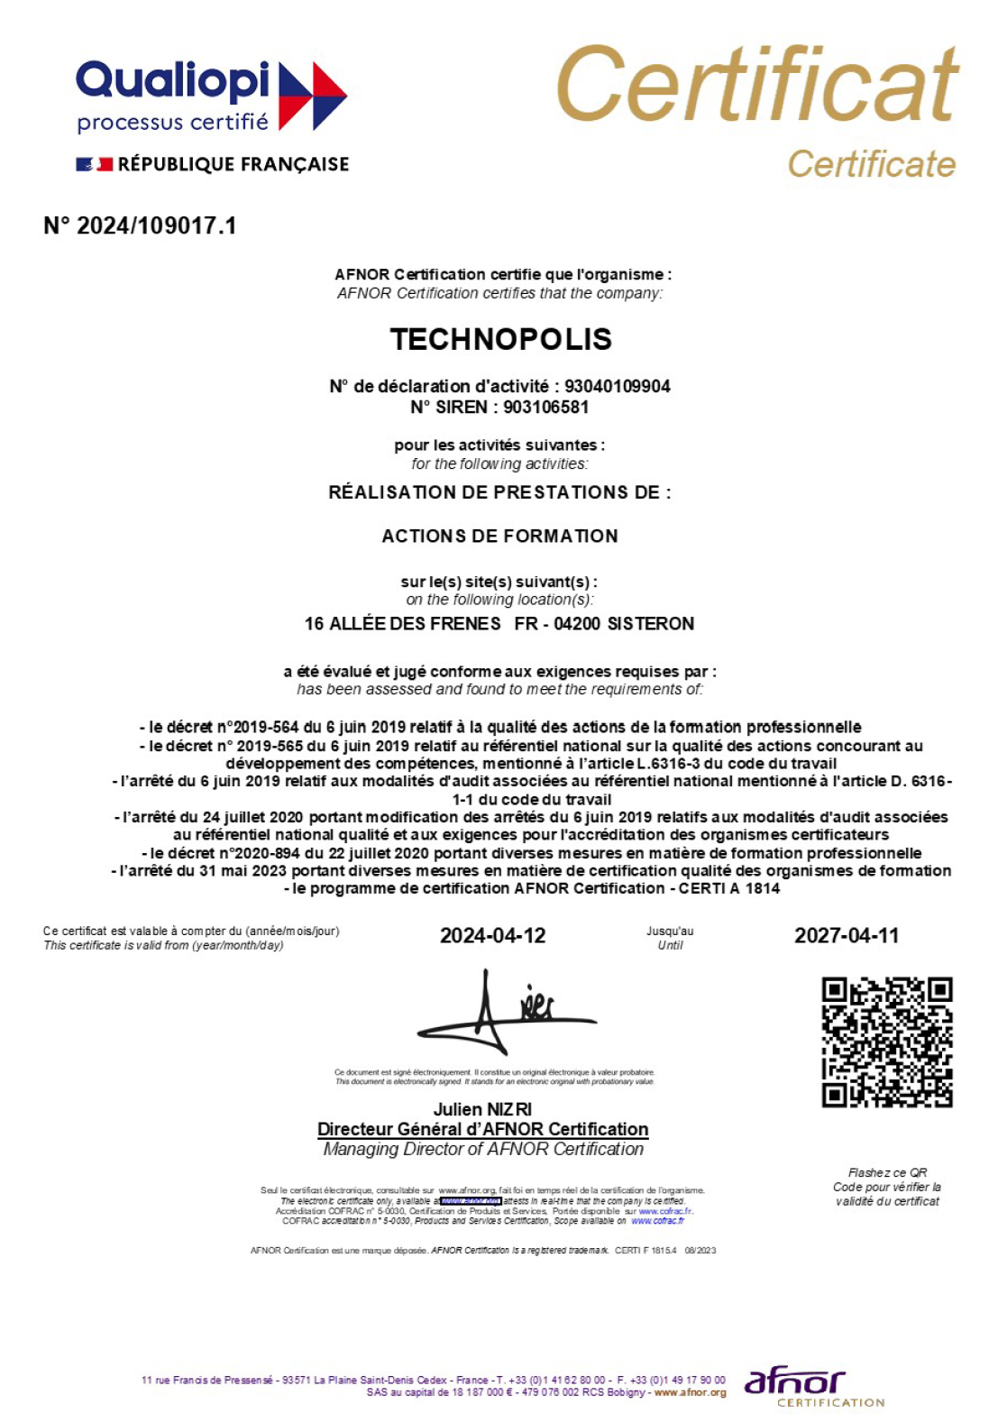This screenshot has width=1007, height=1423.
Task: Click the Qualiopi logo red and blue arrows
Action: [312, 96]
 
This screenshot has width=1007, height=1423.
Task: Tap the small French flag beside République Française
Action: [95, 164]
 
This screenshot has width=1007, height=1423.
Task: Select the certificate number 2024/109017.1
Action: [156, 225]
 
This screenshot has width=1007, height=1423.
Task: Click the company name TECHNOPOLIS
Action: [501, 339]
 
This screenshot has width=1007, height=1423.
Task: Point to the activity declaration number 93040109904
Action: [618, 386]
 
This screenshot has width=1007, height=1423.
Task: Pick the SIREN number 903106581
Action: [545, 407]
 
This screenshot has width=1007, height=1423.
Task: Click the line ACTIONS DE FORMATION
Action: [500, 536]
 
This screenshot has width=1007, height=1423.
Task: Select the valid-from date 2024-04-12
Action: [492, 935]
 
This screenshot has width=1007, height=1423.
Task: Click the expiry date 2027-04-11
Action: [846, 935]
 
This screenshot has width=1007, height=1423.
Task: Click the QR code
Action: [887, 1042]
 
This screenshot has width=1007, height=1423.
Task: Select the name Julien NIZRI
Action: [482, 1109]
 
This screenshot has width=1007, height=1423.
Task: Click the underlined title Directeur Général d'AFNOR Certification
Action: [482, 1129]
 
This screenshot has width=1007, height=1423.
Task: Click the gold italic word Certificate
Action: [871, 164]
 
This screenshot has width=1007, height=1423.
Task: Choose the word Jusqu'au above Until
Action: [670, 931]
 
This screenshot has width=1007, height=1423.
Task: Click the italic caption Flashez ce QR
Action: [887, 1172]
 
